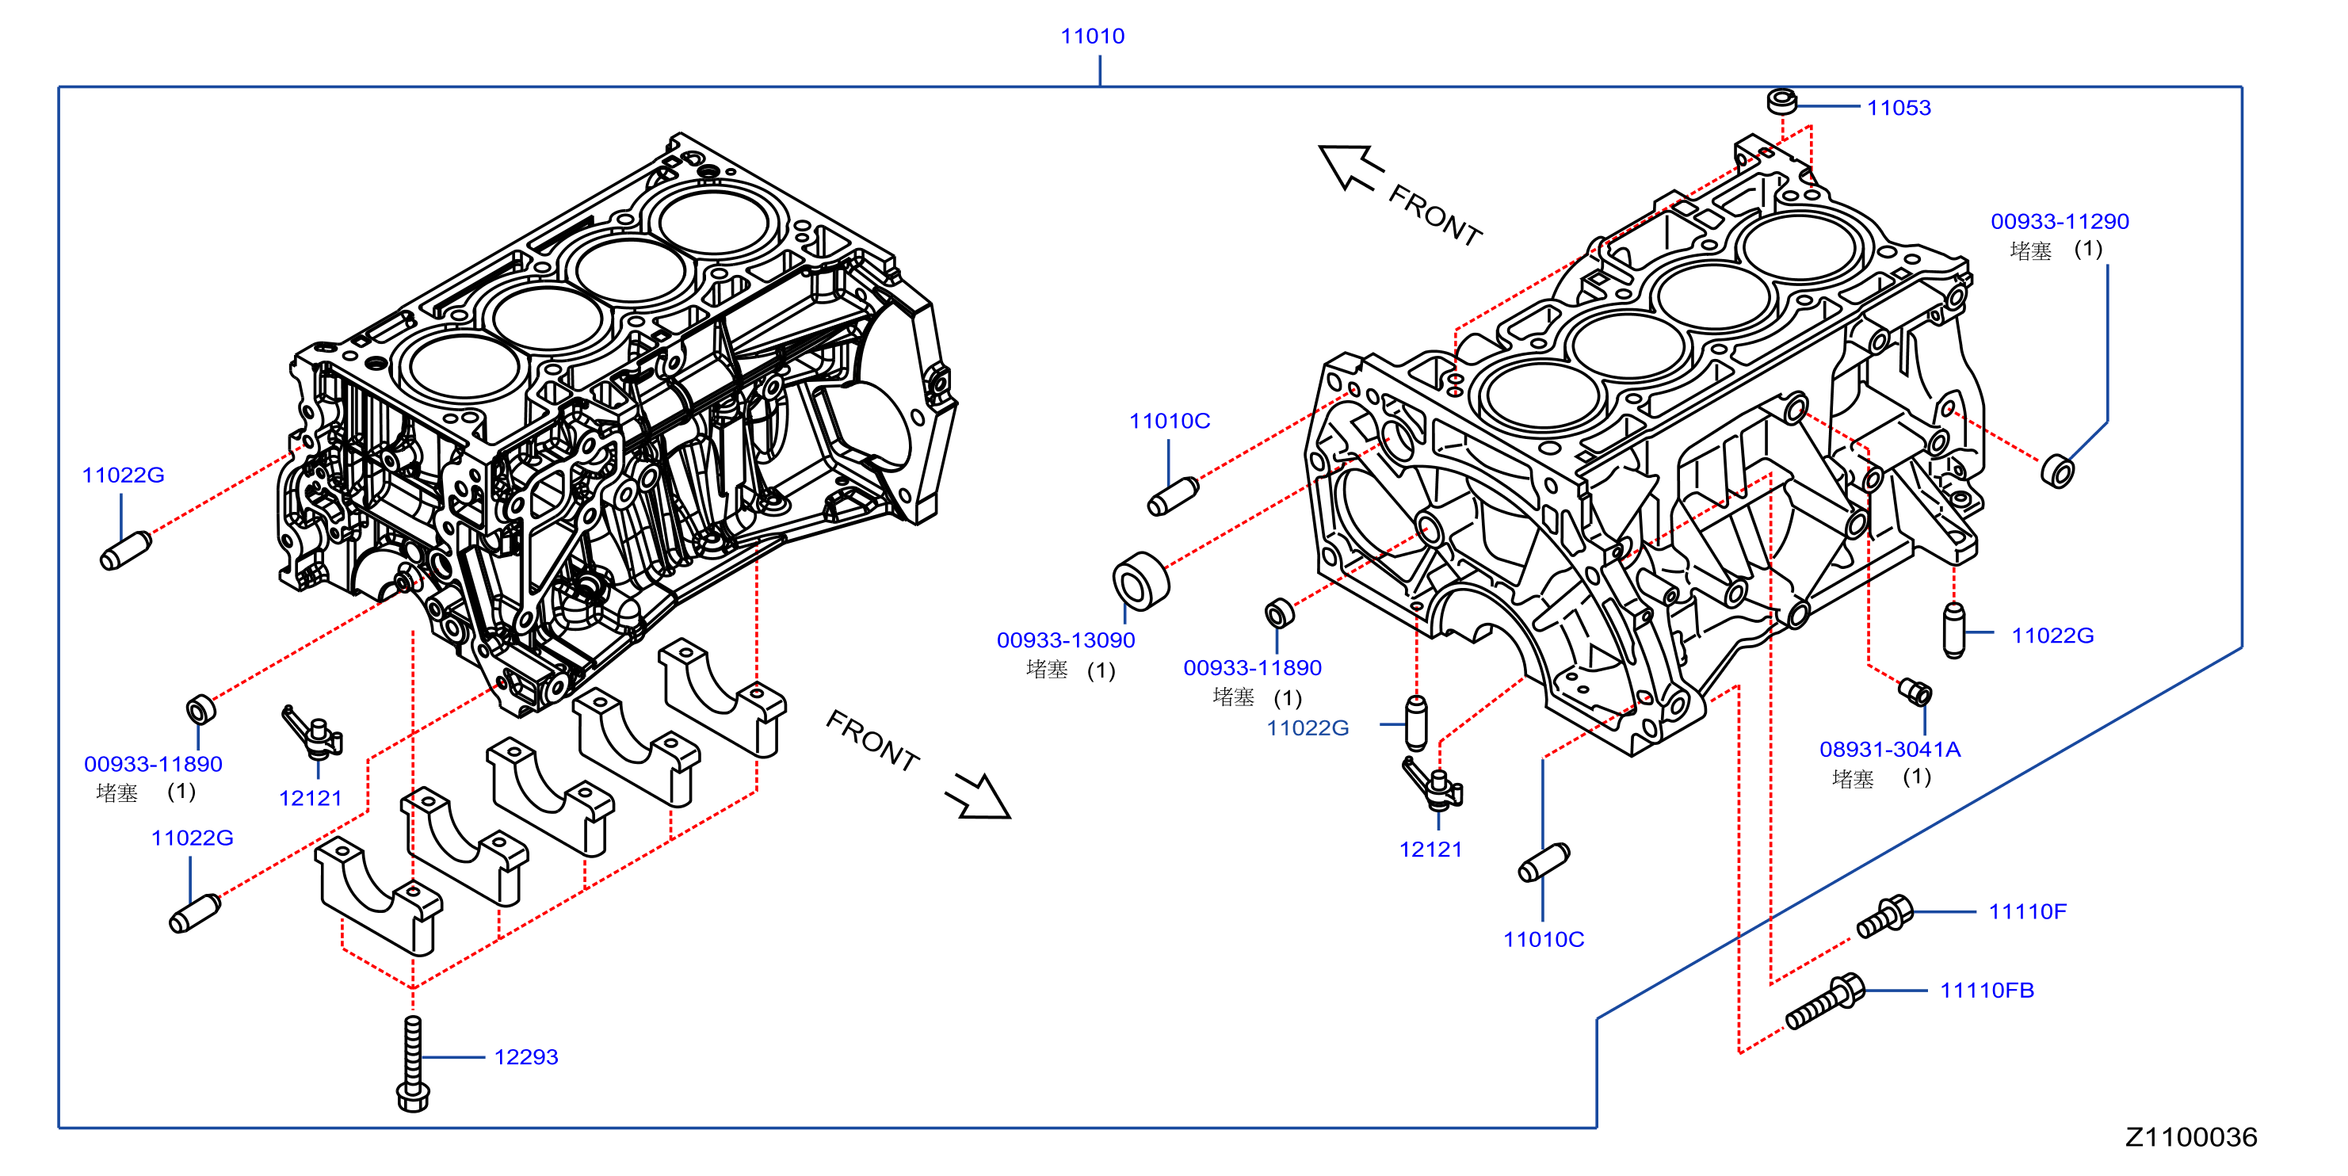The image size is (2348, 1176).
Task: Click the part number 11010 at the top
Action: [x=1092, y=36]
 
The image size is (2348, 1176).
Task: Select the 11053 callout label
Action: [x=1899, y=108]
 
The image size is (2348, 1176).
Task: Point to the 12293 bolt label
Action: [x=526, y=1056]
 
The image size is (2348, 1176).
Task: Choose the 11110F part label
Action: [x=2027, y=911]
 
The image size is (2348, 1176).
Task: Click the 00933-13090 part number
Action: [x=1066, y=640]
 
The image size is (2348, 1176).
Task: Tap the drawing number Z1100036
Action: [x=2191, y=1137]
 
